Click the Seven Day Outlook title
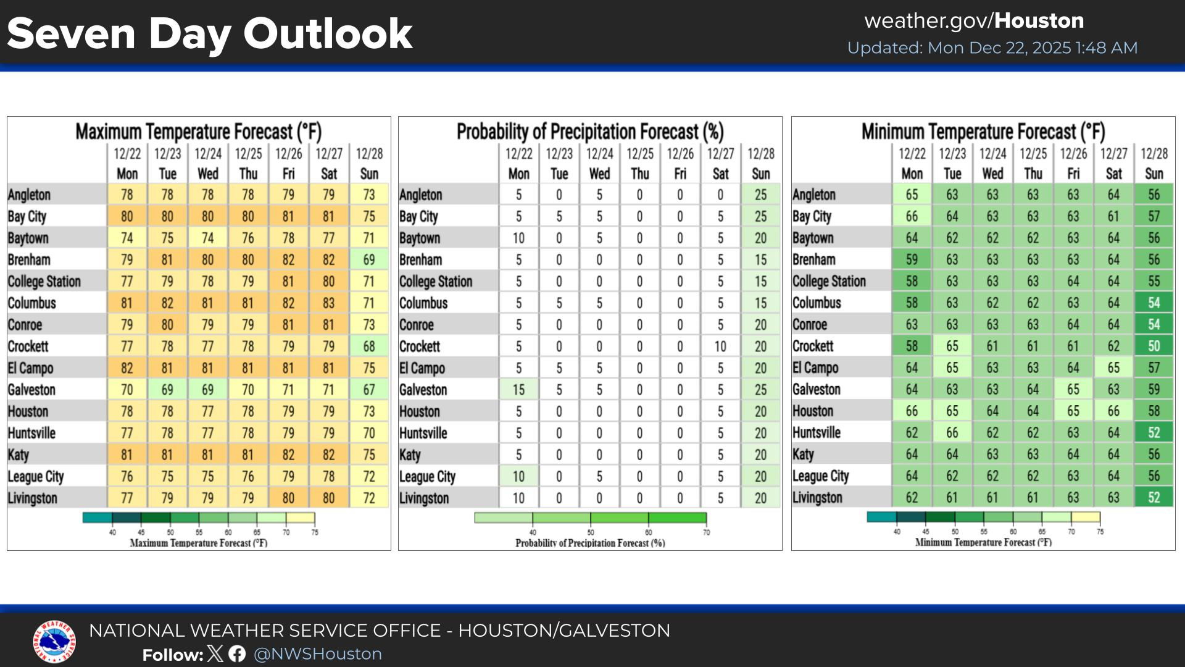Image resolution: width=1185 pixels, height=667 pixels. coord(209,34)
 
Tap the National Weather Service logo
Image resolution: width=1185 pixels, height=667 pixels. coord(54,642)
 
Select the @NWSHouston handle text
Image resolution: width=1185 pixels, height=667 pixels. coord(318,654)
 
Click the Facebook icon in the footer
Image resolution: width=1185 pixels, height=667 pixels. coord(237,654)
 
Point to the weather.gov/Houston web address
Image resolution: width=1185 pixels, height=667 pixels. coord(974,21)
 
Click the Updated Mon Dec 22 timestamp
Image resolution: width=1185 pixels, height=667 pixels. coord(992,48)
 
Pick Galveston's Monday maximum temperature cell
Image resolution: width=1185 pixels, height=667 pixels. coord(127,390)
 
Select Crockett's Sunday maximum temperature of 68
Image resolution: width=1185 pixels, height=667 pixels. coord(369,346)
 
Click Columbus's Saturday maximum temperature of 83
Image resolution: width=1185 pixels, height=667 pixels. coord(328,303)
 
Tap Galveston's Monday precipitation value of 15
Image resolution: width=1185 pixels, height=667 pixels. coord(518,390)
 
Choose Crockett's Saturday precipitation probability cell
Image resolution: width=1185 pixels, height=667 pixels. coord(720,346)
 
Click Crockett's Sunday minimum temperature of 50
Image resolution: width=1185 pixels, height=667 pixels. coord(1154,346)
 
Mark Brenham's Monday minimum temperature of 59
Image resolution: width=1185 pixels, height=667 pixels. coord(912,259)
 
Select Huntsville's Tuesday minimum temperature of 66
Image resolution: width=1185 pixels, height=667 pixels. coord(952,432)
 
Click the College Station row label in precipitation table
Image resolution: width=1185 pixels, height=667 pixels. coord(436,282)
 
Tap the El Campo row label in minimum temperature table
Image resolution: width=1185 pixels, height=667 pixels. coord(815,367)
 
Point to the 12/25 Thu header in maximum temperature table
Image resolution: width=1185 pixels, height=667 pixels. coord(248,163)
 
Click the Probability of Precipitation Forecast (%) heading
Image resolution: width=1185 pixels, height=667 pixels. coord(590,132)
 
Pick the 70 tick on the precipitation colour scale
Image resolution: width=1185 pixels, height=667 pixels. coord(706,532)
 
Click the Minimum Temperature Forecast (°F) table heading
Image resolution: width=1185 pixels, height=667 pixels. coord(983,132)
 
